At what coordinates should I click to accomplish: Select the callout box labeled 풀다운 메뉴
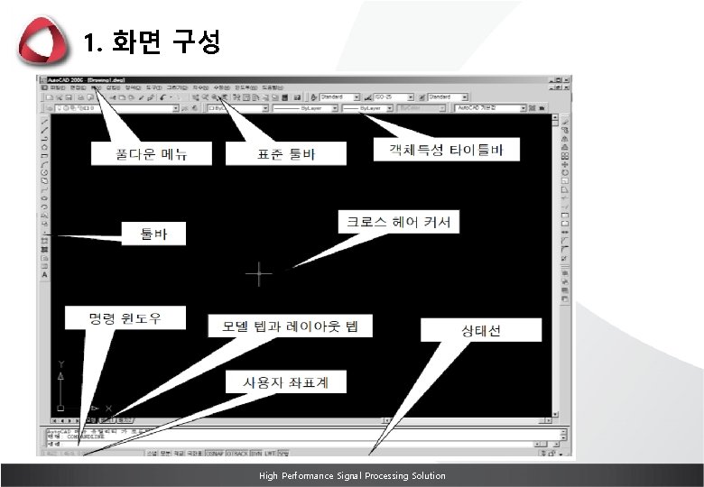[151, 153]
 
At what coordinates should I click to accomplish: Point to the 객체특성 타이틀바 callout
[447, 149]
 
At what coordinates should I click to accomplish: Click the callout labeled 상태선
[481, 330]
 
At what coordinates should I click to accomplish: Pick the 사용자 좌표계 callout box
[284, 382]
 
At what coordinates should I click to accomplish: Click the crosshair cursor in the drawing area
[259, 274]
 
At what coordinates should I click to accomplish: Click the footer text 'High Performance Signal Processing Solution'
[352, 475]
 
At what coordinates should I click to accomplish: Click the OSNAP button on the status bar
[215, 454]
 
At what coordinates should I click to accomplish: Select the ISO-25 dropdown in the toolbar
[390, 96]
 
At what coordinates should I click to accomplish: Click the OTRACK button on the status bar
[237, 454]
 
